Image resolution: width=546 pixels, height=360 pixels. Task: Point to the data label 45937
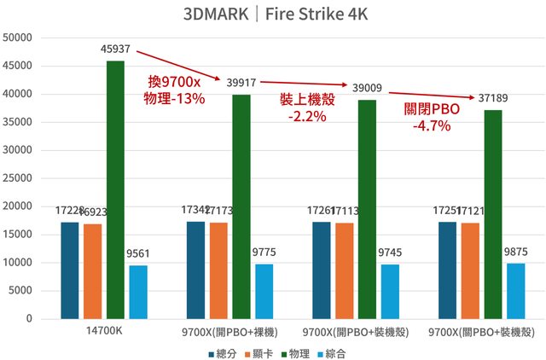tap(115, 50)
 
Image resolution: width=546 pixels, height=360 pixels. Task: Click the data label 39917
tap(241, 84)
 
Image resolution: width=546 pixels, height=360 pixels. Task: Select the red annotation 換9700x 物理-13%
tap(176, 90)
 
